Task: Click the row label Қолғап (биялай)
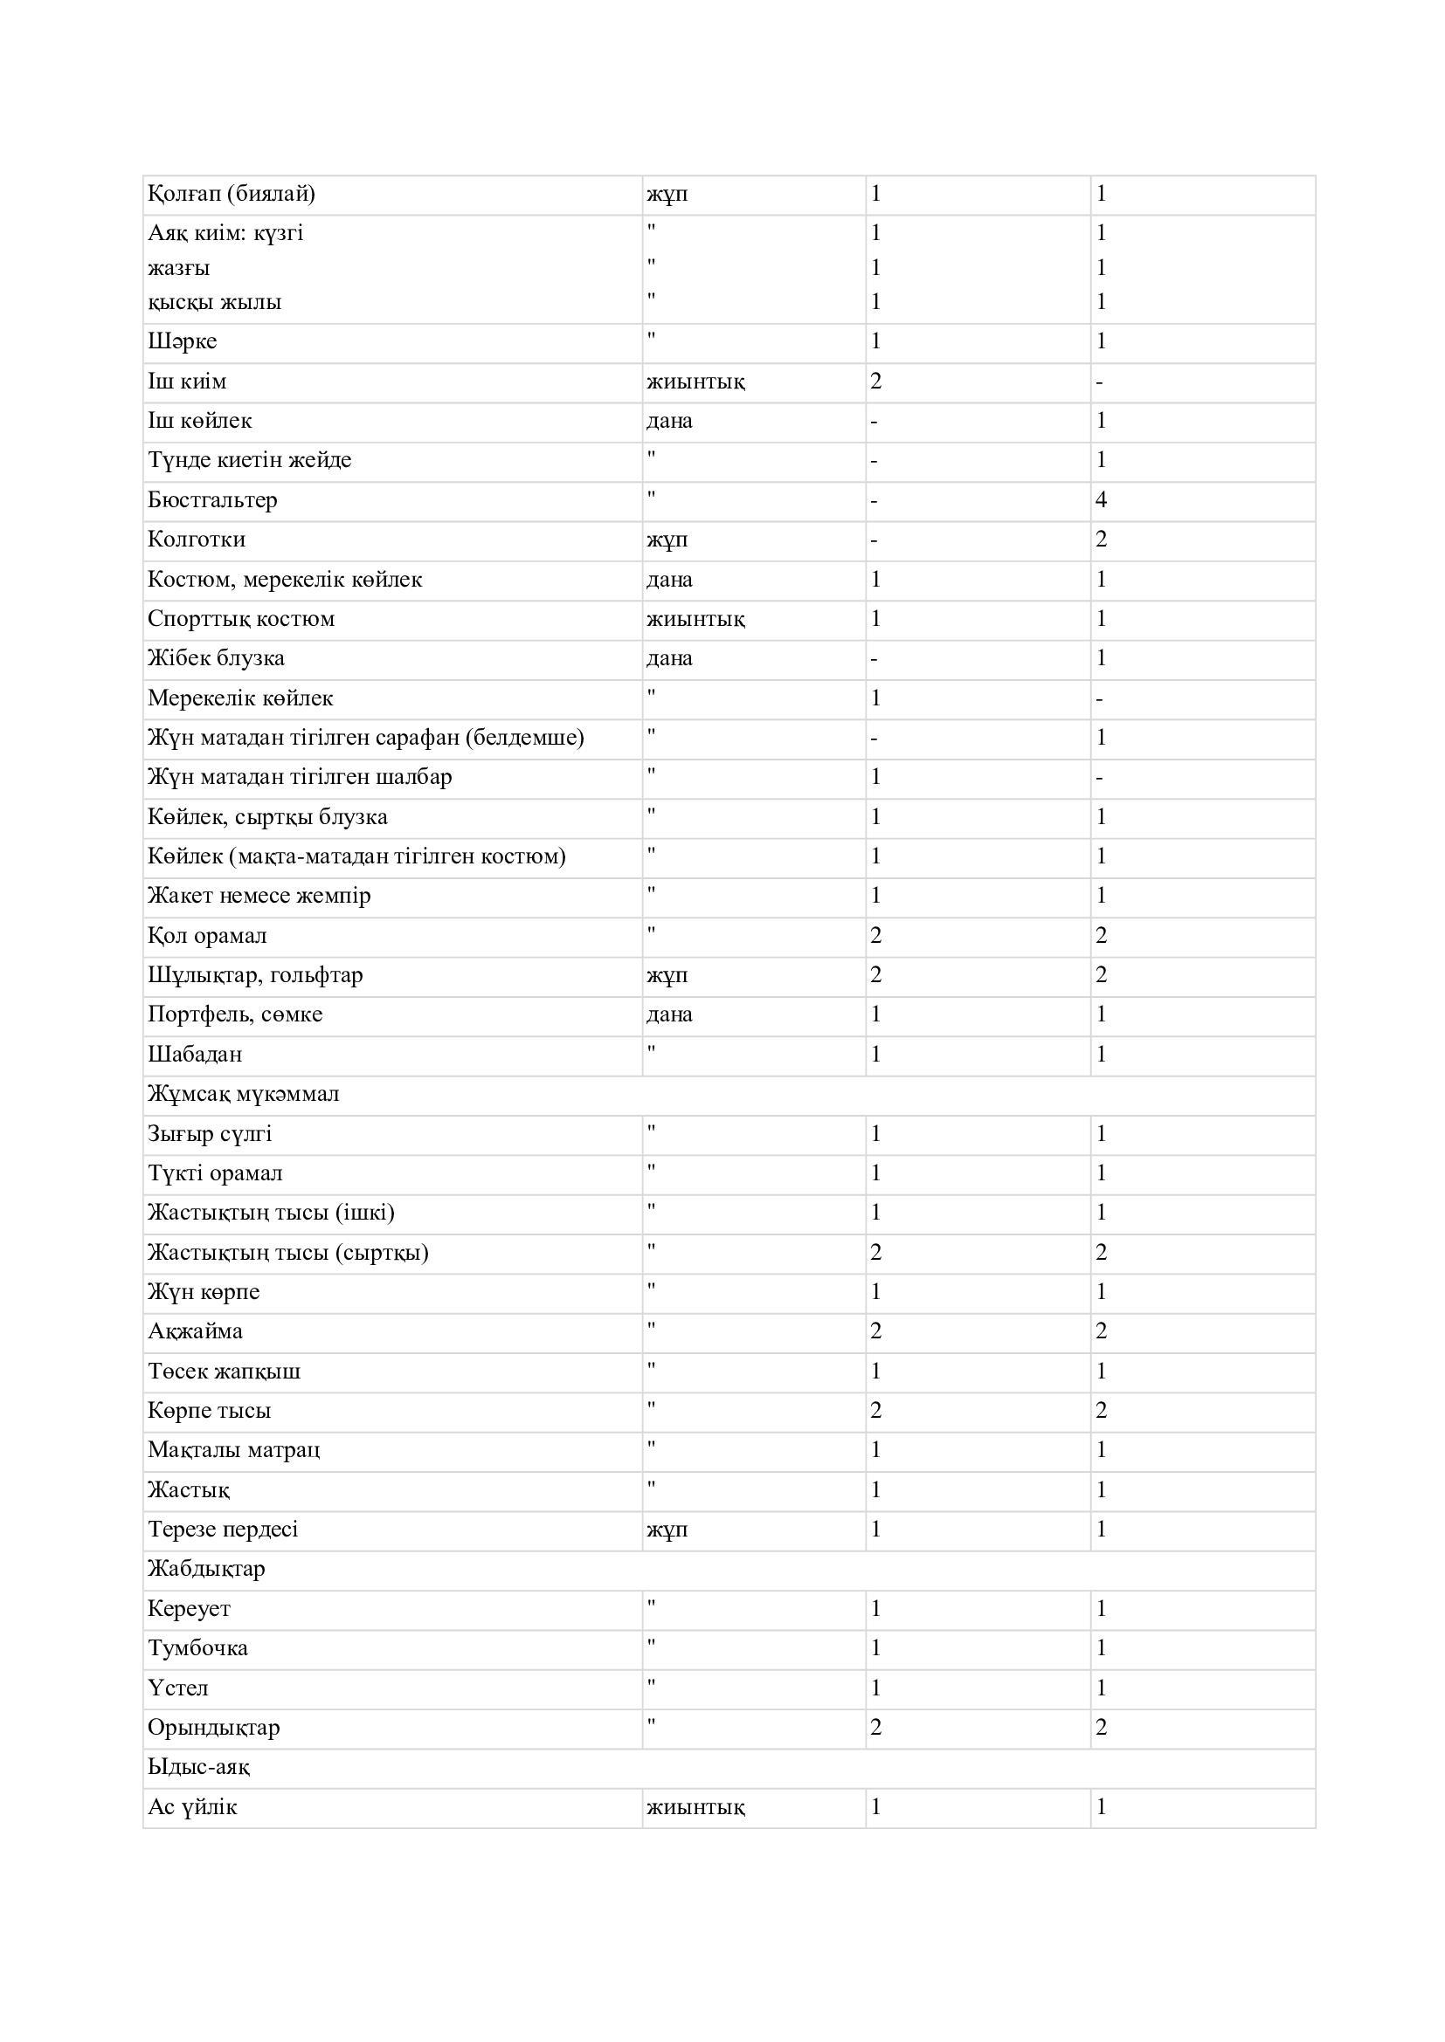point(232,194)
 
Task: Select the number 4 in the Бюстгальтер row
point(1101,500)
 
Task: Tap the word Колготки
point(197,539)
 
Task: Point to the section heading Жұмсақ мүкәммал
point(243,1094)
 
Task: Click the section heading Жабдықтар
point(206,1568)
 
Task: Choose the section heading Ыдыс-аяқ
point(198,1766)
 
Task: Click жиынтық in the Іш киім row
point(695,382)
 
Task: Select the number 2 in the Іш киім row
point(875,382)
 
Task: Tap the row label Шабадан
point(195,1054)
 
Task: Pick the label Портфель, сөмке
point(235,1014)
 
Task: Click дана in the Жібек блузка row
point(669,658)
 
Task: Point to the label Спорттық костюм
point(241,618)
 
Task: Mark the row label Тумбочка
point(197,1647)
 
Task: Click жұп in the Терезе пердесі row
point(667,1529)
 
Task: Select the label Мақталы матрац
point(234,1450)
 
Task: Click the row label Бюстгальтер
point(212,500)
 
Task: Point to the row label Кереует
point(189,1608)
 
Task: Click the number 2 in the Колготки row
point(1101,539)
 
